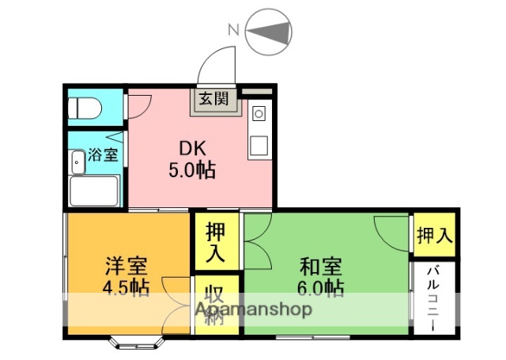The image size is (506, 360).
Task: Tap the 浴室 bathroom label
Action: [103, 154]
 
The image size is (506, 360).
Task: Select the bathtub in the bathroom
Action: [93, 191]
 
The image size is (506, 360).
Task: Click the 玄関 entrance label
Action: [213, 99]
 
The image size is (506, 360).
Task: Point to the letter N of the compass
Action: [233, 30]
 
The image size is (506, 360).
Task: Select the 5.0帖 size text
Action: [192, 169]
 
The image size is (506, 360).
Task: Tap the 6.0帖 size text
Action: [321, 287]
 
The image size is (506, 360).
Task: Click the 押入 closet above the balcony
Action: [434, 235]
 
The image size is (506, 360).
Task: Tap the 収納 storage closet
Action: [212, 304]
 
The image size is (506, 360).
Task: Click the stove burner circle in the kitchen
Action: [258, 114]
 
